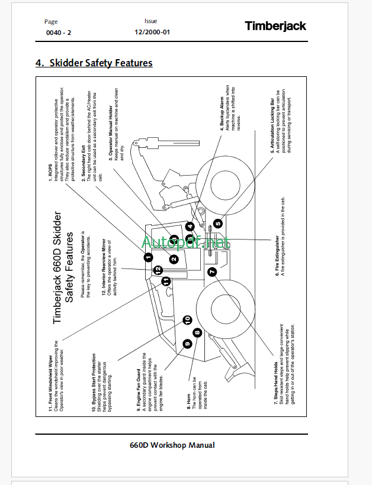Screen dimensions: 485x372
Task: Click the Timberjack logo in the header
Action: coord(275,26)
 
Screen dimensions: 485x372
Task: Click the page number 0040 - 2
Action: coord(58,33)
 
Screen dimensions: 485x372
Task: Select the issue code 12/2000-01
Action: coord(152,33)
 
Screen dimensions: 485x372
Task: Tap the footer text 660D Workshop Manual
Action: coord(172,445)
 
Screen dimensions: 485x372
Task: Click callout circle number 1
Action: coord(147,257)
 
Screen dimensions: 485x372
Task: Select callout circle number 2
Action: coord(174,259)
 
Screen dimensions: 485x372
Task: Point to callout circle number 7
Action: coord(212,271)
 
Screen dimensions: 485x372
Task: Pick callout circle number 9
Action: coord(187,343)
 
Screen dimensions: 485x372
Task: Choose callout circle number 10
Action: coord(187,320)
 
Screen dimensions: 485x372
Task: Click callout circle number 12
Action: coord(158,270)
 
